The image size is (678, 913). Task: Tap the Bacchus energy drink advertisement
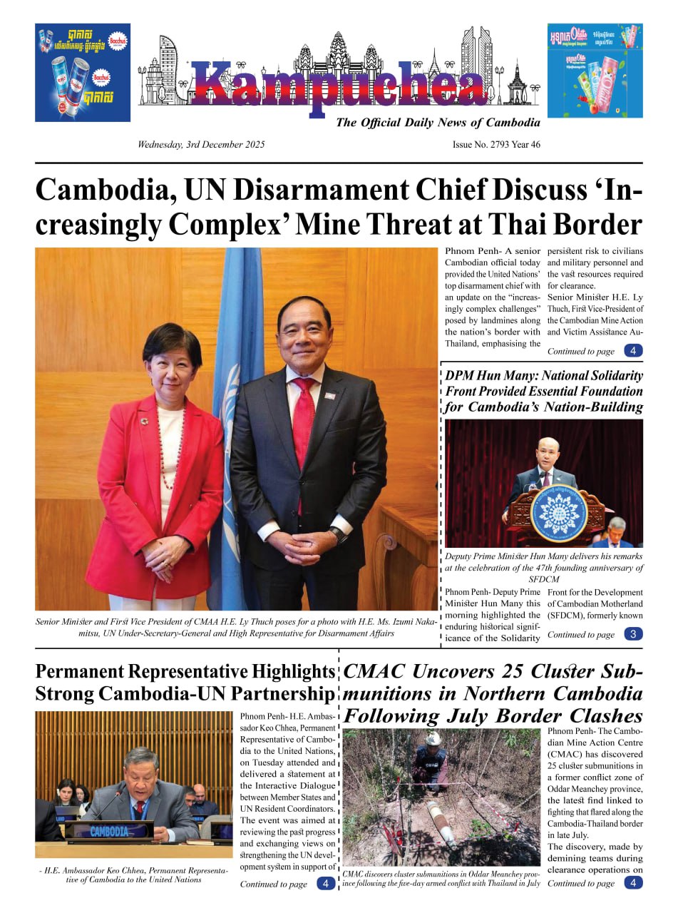tap(83, 72)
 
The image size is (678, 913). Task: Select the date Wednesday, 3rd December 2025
tap(201, 145)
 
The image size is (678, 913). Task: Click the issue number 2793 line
tap(496, 145)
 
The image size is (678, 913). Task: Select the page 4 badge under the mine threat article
tap(633, 351)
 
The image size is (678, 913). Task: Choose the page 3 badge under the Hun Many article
tap(633, 634)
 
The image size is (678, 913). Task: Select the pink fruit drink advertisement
tap(595, 71)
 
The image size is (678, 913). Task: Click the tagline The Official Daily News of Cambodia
tap(438, 123)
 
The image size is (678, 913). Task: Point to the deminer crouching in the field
tap(431, 760)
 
